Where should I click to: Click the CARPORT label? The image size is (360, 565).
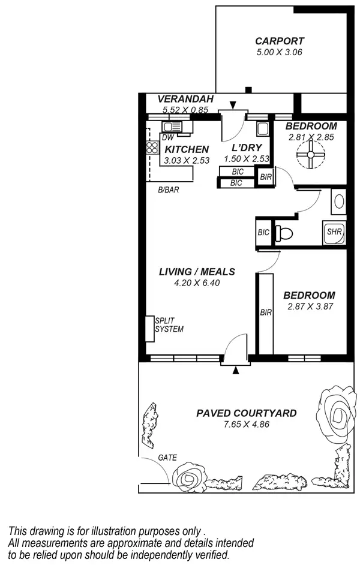(280, 41)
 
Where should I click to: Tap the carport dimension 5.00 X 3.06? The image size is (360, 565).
(280, 52)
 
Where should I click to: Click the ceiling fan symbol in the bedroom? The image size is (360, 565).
(311, 157)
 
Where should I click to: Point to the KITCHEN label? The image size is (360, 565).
(187, 149)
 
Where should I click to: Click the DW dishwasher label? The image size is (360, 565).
(167, 137)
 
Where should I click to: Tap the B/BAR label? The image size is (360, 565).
(169, 190)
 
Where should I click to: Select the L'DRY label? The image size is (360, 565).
(245, 148)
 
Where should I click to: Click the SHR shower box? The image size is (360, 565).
(334, 232)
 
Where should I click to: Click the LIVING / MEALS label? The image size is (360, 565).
(197, 272)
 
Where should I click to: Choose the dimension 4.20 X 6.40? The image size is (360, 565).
(197, 282)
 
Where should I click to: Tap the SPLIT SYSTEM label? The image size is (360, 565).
(169, 324)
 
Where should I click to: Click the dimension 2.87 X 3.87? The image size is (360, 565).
(309, 306)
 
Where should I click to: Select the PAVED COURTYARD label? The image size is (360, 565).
(247, 414)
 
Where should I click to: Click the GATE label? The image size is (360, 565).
(167, 457)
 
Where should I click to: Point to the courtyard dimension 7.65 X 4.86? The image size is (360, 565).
(247, 425)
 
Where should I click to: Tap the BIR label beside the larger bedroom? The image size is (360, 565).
(265, 312)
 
